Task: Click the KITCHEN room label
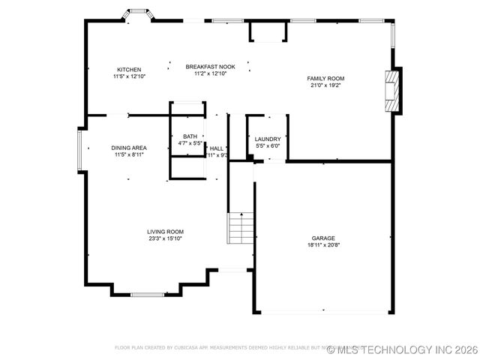tap(128, 69)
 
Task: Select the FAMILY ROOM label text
tap(325, 78)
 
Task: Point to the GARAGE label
tap(324, 238)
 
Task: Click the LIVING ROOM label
tap(165, 232)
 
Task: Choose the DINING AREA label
tap(129, 148)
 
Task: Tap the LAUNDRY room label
tap(267, 139)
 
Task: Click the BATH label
tap(190, 136)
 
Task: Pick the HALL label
tap(217, 148)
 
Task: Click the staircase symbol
tap(241, 228)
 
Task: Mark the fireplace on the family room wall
tap(391, 91)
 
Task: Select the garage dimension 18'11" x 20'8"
tap(324, 245)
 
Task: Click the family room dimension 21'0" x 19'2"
tap(325, 85)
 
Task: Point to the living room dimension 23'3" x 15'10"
tap(165, 238)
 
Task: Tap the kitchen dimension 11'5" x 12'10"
tap(128, 76)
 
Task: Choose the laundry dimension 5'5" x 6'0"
tap(267, 145)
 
